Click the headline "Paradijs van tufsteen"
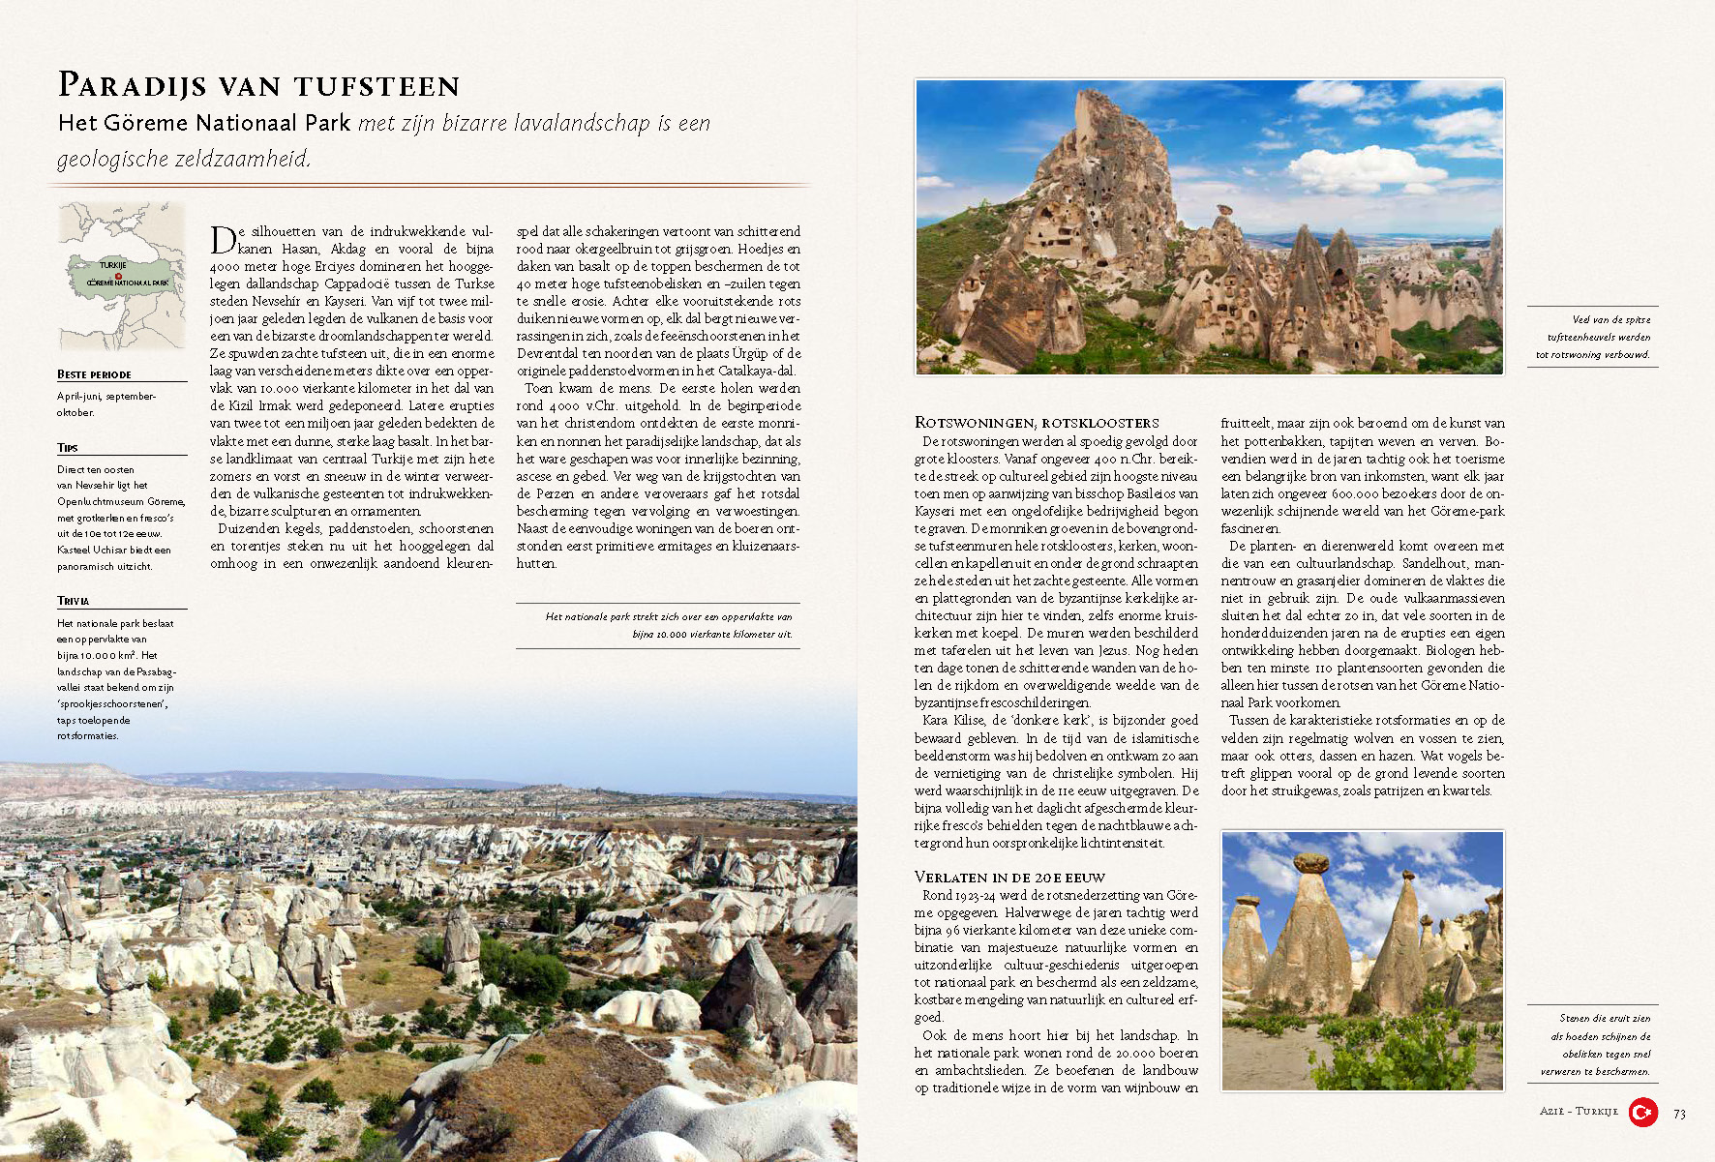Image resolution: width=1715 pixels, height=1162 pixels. tap(258, 86)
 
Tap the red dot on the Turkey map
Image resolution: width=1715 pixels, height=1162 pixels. tap(118, 276)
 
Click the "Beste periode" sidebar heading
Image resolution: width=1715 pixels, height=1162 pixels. tap(94, 374)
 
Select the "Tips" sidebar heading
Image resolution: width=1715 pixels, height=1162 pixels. tap(68, 448)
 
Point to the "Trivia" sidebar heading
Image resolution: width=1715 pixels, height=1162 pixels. tap(73, 601)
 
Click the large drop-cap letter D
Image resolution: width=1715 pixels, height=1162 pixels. tap(223, 239)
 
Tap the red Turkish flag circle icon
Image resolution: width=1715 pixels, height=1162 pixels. tap(1642, 1113)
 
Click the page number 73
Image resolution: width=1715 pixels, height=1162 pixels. tap(1679, 1114)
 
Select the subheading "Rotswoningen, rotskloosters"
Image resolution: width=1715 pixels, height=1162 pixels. tap(1036, 423)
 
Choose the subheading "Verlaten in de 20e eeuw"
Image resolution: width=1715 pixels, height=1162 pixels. tap(1009, 878)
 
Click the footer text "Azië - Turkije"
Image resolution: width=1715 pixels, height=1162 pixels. tap(1578, 1112)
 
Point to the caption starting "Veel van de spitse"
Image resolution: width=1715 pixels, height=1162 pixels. tap(1593, 337)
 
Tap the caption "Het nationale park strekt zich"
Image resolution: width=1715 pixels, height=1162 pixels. tap(669, 625)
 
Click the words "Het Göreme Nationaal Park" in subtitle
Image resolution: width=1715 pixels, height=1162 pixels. tap(204, 123)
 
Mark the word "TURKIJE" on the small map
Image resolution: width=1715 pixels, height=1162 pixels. tap(113, 264)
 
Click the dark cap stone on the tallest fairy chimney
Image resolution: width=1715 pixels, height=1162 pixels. tap(1311, 862)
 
